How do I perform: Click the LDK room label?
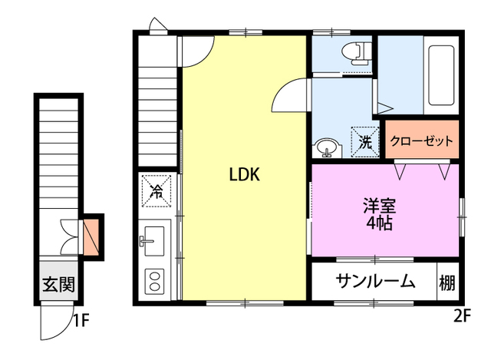coord(245,174)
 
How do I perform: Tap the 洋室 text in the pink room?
coord(379,206)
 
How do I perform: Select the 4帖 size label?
coord(379,224)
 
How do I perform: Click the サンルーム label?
coord(374,282)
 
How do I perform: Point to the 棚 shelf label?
coord(447,282)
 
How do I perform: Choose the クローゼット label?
coord(421,141)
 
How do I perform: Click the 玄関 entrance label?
coord(58,285)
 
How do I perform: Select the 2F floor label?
coord(462,314)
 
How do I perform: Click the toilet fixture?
coord(354,52)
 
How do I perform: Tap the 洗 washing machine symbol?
coord(365,141)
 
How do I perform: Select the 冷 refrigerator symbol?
coord(156,190)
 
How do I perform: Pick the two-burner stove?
coord(153,280)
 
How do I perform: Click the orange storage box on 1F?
coord(91,237)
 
